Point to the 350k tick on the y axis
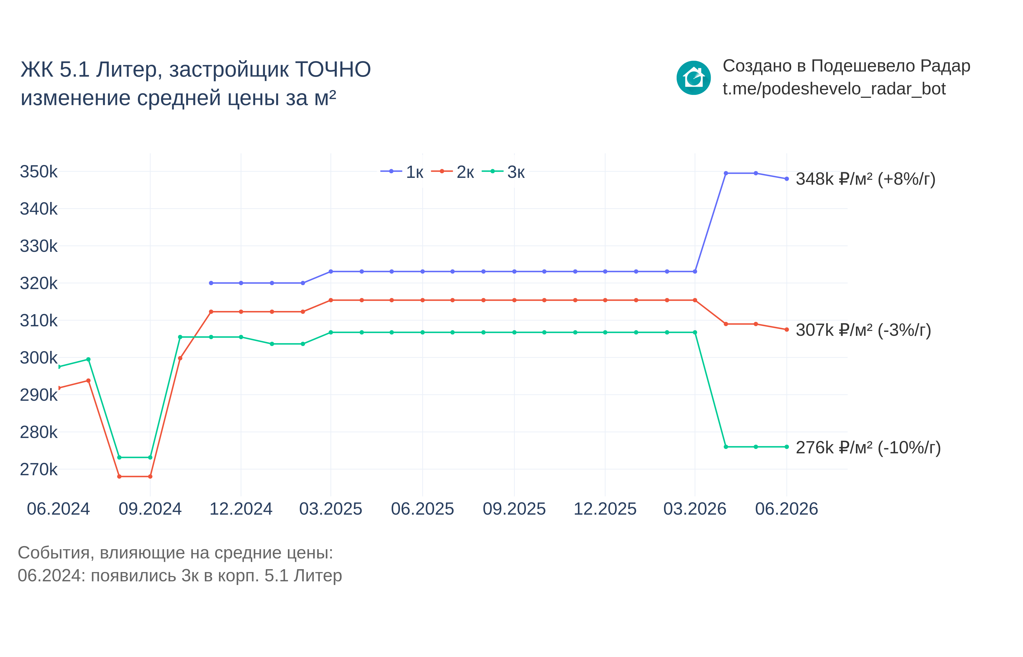coord(38,172)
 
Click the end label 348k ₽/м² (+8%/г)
coord(865,179)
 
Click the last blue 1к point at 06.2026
coord(786,179)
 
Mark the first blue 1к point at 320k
coord(211,283)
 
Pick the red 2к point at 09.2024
coord(150,476)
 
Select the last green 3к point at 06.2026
coord(786,447)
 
